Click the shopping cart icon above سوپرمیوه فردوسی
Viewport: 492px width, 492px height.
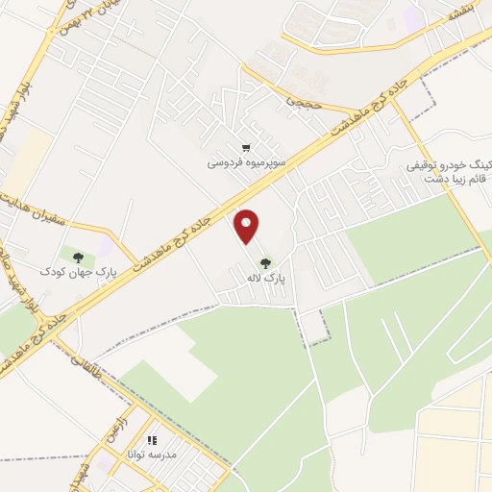pyautogui.click(x=247, y=148)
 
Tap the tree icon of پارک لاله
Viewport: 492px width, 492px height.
pyautogui.click(x=265, y=261)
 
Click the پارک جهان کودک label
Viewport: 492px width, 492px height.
pyautogui.click(x=78, y=272)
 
